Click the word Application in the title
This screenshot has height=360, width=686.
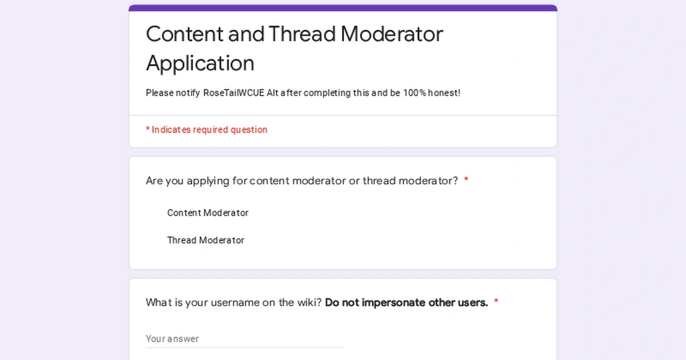[200, 63]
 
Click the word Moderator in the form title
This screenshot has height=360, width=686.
[392, 34]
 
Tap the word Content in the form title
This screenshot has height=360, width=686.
[184, 34]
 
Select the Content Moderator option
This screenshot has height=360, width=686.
[208, 213]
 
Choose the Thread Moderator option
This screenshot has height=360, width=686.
[205, 241]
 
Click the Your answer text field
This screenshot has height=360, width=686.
[244, 339]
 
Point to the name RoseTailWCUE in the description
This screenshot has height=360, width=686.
[234, 93]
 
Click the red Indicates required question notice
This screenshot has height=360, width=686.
[206, 130]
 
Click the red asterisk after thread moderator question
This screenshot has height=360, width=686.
[466, 181]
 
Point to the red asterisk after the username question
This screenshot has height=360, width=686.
[496, 302]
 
